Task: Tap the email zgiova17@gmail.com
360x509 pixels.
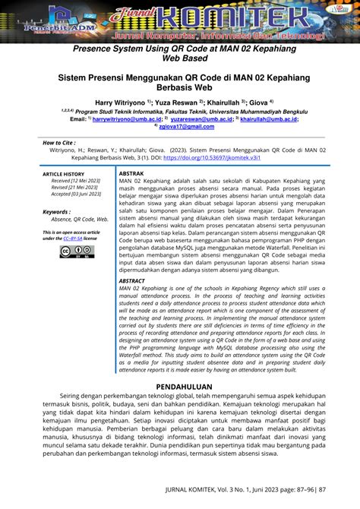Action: pos(182,126)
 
